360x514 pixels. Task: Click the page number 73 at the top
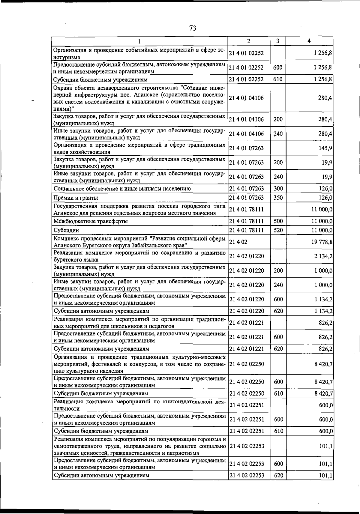[193, 28]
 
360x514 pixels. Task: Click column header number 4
[309, 41]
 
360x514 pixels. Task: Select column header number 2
[249, 41]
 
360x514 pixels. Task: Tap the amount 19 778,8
[322, 242]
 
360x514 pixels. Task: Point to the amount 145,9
[326, 148]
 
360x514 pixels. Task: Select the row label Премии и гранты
[76, 198]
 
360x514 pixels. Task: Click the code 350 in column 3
[278, 198]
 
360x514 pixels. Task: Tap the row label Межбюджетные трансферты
[90, 221]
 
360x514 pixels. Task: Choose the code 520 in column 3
[278, 230]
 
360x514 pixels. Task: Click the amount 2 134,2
[323, 256]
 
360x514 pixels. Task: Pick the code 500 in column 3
[278, 221]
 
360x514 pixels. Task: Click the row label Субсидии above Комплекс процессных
[66, 230]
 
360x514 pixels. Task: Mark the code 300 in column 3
[278, 189]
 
